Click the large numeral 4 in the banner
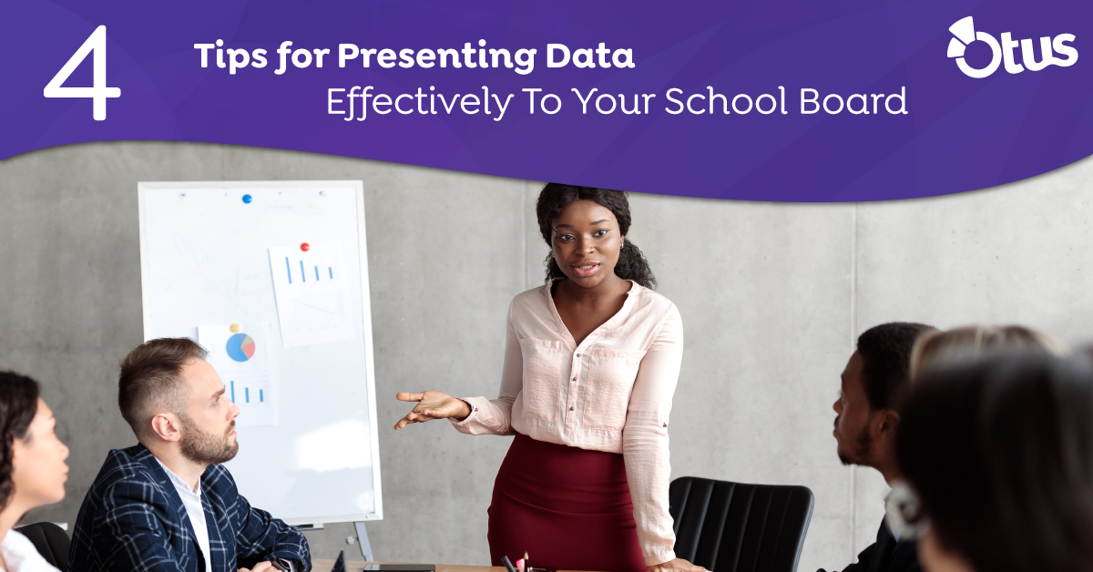coord(83,72)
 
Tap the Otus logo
coord(1012,47)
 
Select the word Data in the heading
coord(590,55)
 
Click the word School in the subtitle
coord(726,100)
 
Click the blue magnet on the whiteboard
coord(247,199)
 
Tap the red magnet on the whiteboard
coord(305,247)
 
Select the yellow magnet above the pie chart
coord(235,328)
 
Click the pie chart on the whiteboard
coord(240,348)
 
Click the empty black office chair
coord(741,522)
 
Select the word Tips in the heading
coord(231,56)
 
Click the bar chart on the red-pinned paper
coord(310,271)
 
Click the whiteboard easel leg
coord(363,541)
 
